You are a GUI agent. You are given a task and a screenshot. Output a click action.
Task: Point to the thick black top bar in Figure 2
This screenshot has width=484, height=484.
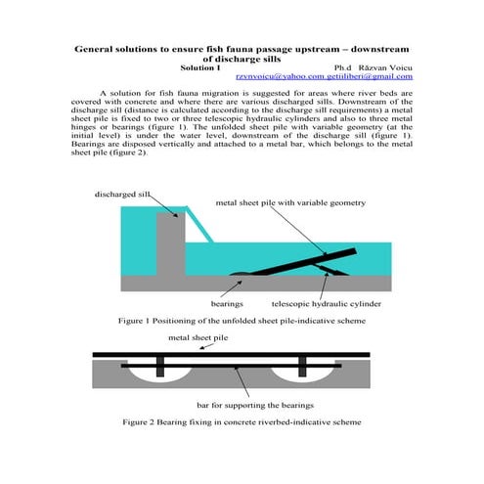[x=230, y=353]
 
